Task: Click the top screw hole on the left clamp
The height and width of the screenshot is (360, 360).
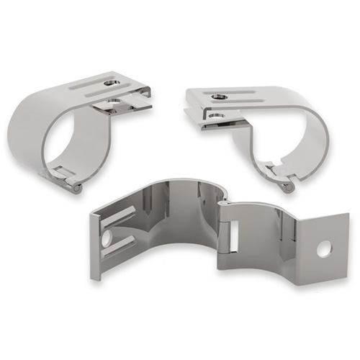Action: [110, 83]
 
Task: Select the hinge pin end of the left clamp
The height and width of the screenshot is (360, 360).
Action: [76, 188]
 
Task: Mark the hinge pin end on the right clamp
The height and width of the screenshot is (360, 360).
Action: [288, 189]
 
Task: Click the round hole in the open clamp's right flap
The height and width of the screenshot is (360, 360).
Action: [323, 248]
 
